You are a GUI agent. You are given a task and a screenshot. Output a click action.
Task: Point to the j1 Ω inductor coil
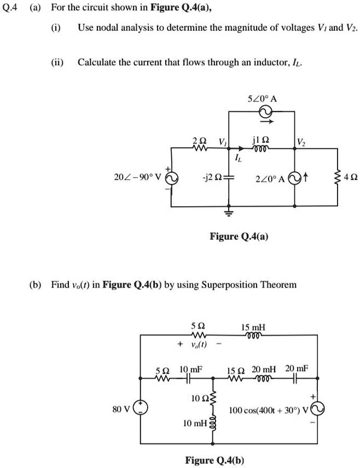tap(260, 148)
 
